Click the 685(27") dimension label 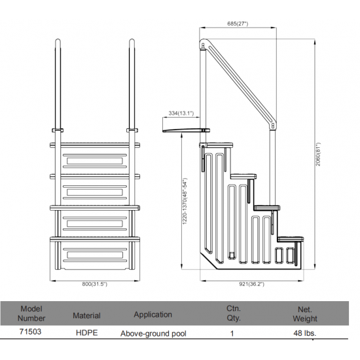(238, 24)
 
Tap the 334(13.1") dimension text (181, 113)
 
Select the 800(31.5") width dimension (95, 284)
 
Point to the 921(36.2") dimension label (251, 284)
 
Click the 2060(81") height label (318, 154)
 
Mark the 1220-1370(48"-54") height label (185, 201)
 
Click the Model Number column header (31, 314)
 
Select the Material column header (86, 315)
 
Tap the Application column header (153, 315)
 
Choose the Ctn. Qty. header (234, 313)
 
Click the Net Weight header (305, 314)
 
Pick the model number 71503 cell (30, 332)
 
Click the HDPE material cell (87, 333)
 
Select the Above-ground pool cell (153, 334)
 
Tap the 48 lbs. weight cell (304, 333)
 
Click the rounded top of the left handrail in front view (58, 41)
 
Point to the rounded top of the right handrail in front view (132, 41)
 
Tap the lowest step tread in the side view (291, 239)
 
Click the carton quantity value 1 (232, 333)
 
